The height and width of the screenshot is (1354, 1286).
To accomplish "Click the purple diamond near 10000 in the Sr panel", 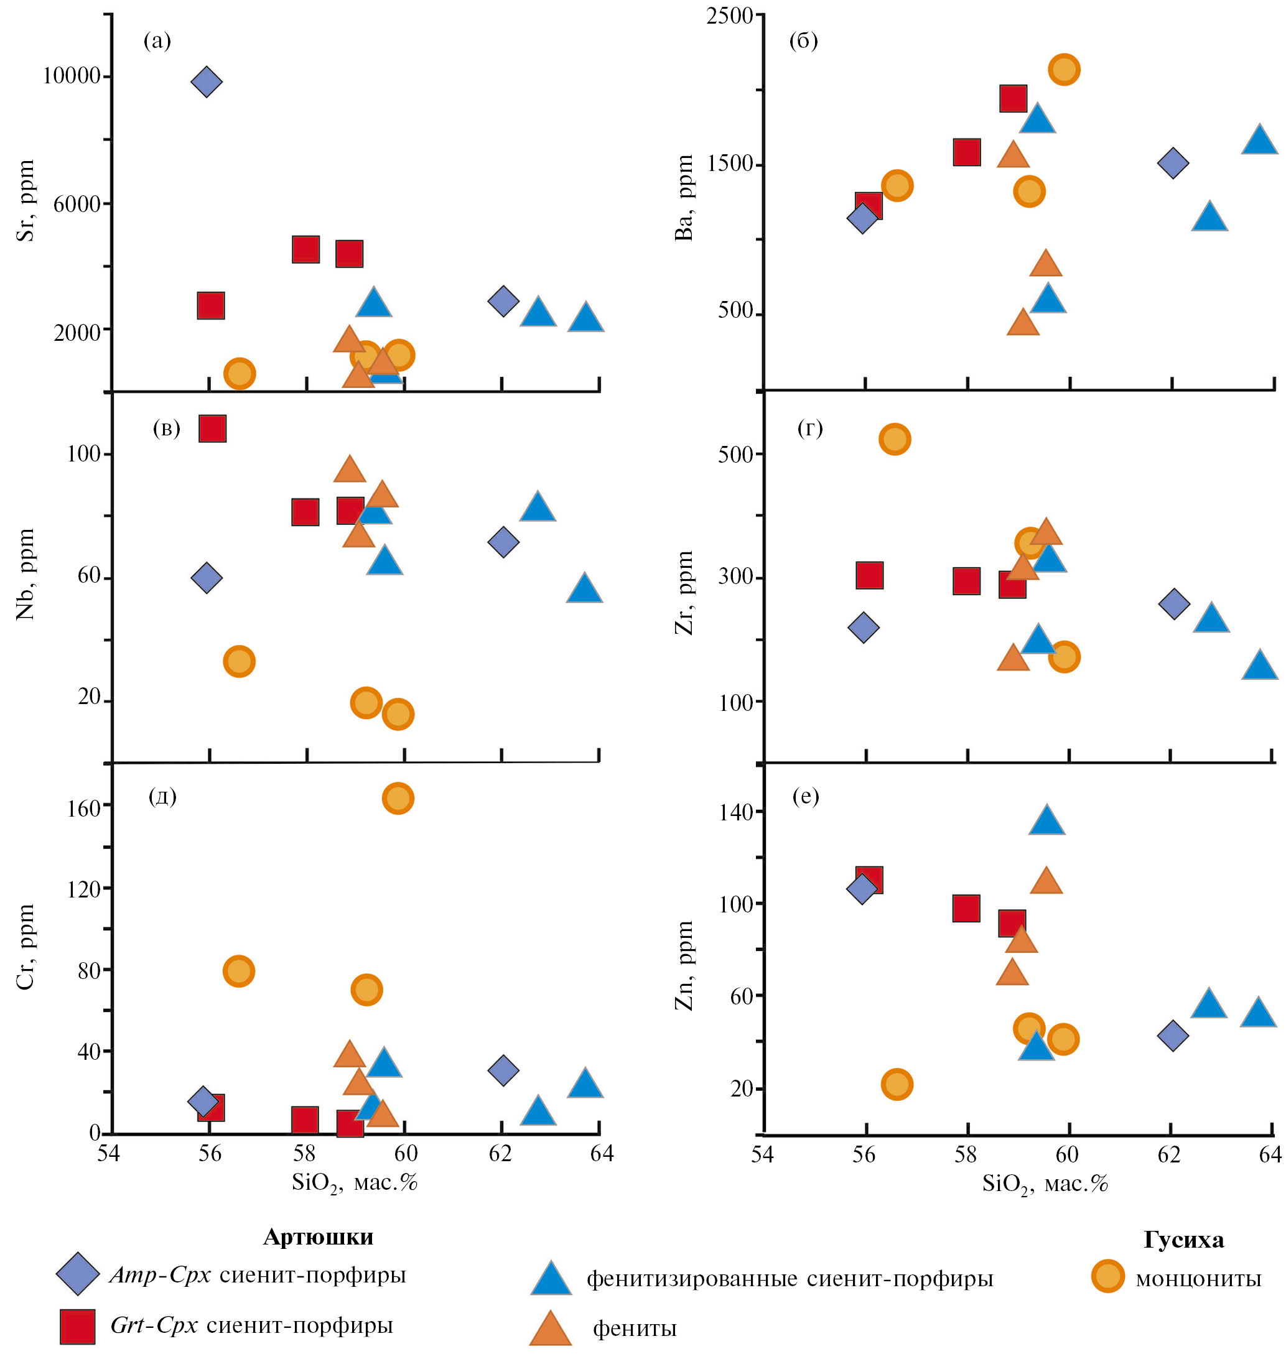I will click(207, 82).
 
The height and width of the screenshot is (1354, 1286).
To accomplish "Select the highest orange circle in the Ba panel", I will click(1064, 69).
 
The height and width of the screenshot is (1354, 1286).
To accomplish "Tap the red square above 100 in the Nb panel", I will click(212, 429).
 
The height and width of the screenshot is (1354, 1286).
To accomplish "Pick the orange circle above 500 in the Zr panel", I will click(895, 438).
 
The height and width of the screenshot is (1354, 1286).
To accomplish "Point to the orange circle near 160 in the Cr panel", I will click(398, 799).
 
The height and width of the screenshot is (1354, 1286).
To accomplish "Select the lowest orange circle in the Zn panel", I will click(897, 1084).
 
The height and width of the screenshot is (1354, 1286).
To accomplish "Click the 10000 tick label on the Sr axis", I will click(72, 75).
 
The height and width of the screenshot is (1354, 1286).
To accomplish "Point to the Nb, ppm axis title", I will click(26, 574).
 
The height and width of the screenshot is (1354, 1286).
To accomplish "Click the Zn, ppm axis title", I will click(684, 966).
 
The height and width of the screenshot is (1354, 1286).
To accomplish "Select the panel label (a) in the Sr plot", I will click(157, 41).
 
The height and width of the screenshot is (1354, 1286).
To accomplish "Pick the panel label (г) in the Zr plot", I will click(809, 429).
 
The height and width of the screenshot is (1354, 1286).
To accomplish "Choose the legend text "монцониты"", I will click(1198, 1279).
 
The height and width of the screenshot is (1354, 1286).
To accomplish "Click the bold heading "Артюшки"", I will click(318, 1237).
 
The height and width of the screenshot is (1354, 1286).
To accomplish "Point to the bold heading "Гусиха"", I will click(1183, 1240).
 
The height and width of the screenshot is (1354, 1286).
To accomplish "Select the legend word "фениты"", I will click(634, 1328).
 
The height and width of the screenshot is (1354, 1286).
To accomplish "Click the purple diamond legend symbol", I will click(78, 1274).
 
